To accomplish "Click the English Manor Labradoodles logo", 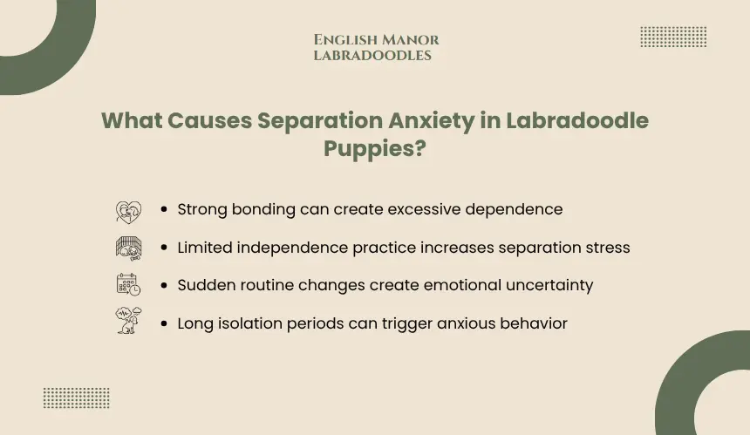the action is [x=376, y=47].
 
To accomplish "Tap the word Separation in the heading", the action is [x=319, y=121].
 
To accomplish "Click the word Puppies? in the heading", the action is [x=374, y=149].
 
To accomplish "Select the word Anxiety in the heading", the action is [x=432, y=121].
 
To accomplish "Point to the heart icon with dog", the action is [x=129, y=212].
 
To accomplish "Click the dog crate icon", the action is [x=129, y=248].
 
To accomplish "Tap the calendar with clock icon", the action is [x=129, y=284].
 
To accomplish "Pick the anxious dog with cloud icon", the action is [x=129, y=320].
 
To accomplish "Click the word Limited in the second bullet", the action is [x=205, y=248].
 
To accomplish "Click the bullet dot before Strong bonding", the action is [x=164, y=209].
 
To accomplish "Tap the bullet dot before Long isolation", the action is [x=164, y=323].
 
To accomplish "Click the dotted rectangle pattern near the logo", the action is [x=673, y=37].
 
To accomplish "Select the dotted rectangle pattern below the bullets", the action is [x=77, y=398].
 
